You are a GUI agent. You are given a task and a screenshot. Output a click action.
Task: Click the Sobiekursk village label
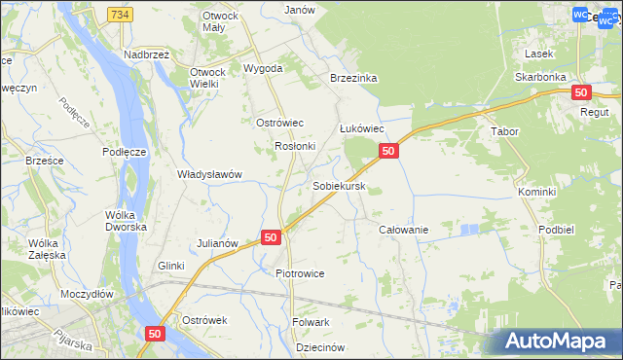[x=339, y=185]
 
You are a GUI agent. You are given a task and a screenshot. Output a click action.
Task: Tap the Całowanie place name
[x=403, y=229]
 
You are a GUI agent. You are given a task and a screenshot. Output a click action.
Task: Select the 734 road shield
[x=120, y=15]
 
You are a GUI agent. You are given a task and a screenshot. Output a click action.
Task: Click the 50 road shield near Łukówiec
[x=387, y=151]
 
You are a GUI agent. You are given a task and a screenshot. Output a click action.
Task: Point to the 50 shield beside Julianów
[x=271, y=237]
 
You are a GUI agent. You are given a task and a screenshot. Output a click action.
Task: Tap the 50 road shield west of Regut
[x=581, y=92]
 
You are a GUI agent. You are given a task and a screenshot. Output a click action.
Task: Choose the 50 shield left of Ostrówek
[x=155, y=333]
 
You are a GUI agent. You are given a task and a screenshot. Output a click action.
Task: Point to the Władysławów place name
[x=208, y=174]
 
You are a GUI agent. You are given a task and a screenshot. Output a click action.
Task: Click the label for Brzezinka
[x=352, y=78]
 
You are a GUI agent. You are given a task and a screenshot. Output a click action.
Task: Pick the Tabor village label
[x=505, y=131]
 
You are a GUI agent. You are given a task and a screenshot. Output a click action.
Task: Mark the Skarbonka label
[x=541, y=76]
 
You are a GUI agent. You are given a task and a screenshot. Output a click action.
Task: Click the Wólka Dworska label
[x=127, y=220]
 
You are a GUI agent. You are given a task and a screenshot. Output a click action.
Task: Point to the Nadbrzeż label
[x=147, y=55]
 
